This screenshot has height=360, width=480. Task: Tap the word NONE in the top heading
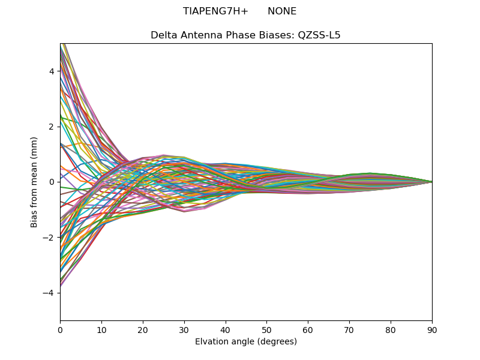coord(282,11)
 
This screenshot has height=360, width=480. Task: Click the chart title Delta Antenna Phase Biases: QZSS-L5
coord(245,35)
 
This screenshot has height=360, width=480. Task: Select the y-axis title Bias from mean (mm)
coord(35,182)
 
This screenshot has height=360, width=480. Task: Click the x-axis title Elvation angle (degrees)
coord(246,341)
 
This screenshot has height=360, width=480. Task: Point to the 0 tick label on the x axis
coord(60,329)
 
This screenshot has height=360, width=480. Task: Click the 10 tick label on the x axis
coord(101,329)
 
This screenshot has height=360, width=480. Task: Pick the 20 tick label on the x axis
coord(143,329)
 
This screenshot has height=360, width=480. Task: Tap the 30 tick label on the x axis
coord(184,329)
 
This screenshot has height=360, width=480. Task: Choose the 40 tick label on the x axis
coord(226,329)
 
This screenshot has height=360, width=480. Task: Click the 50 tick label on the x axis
coord(266,329)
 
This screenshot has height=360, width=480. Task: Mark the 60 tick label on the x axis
coord(308,329)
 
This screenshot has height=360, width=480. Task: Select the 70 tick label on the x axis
coord(349,329)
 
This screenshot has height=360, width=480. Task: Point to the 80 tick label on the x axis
coord(391,329)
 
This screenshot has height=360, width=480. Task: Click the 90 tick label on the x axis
coord(432,329)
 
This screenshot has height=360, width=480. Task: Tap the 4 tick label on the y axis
coord(52,71)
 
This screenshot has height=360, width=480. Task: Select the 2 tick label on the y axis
coord(52,127)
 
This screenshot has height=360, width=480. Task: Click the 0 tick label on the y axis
coord(52,182)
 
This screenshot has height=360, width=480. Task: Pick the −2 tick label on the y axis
coord(49,238)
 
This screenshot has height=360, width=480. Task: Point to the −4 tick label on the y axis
coord(49,293)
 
